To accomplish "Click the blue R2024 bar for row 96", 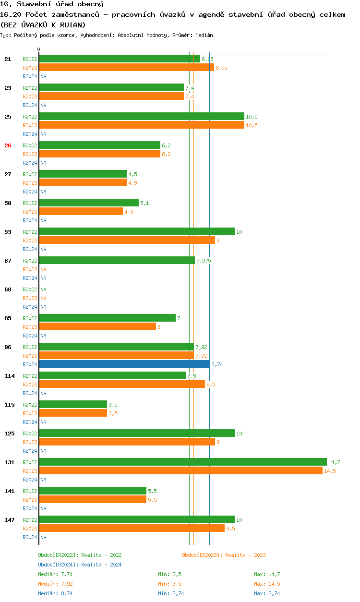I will point(124,364).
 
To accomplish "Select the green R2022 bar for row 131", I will point(182,462).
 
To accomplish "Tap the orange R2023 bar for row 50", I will point(81,212).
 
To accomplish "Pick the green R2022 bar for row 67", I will point(116,261).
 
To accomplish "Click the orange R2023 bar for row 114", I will point(122,385).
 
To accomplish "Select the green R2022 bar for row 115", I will point(72,405).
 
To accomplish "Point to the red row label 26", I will point(8,145).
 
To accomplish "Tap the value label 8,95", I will point(221,68).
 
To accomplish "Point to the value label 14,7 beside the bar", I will point(334,462).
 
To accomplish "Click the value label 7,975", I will point(203,261).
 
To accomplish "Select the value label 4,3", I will point(129,212).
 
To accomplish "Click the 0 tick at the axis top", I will point(39,49).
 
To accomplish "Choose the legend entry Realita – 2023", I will point(224,555).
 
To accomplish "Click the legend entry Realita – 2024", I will point(80,565).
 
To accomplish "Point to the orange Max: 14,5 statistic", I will point(267,584).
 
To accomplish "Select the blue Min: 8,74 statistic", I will point(169,593).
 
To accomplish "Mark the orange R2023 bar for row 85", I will point(97,327).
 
